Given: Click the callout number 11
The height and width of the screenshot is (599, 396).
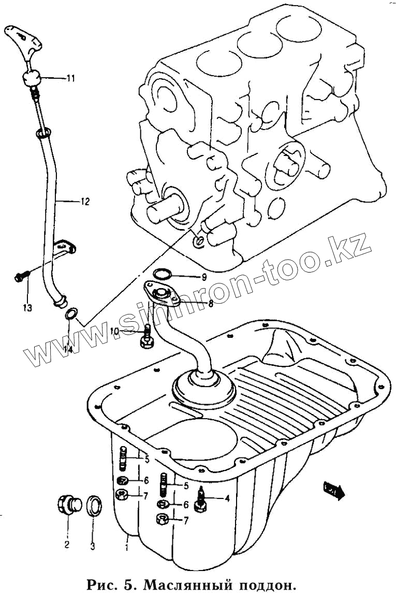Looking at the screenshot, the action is coord(70,78).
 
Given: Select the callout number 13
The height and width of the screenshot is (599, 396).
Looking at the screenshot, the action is coord(27,308).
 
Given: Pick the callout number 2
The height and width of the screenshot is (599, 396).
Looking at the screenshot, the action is coord(67,545).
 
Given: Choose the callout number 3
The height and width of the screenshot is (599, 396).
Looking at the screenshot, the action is coord(93,546).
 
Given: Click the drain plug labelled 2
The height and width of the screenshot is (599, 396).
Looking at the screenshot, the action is coord(67,505).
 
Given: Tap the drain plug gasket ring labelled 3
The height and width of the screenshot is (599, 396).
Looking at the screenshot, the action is coord(94,506).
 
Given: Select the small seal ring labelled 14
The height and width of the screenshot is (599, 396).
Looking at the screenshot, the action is coord(71,314).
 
